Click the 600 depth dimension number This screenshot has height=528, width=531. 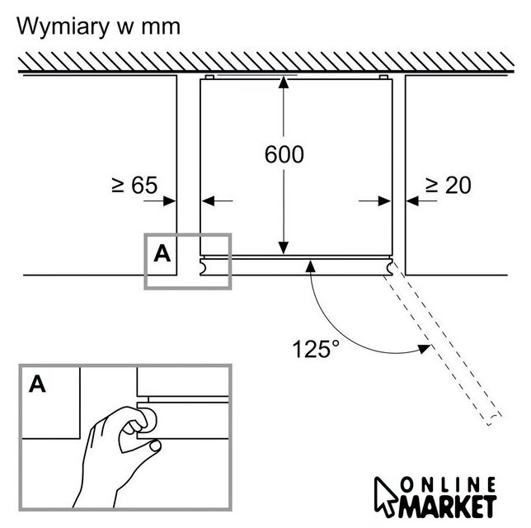(284, 154)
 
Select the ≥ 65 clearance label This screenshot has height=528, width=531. (134, 186)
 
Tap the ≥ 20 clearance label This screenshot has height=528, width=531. (448, 186)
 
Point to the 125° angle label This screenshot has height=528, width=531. (316, 349)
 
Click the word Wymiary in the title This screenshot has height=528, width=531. (64, 26)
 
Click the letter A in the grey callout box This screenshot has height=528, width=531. (162, 254)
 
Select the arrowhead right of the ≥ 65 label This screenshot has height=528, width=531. (171, 200)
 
